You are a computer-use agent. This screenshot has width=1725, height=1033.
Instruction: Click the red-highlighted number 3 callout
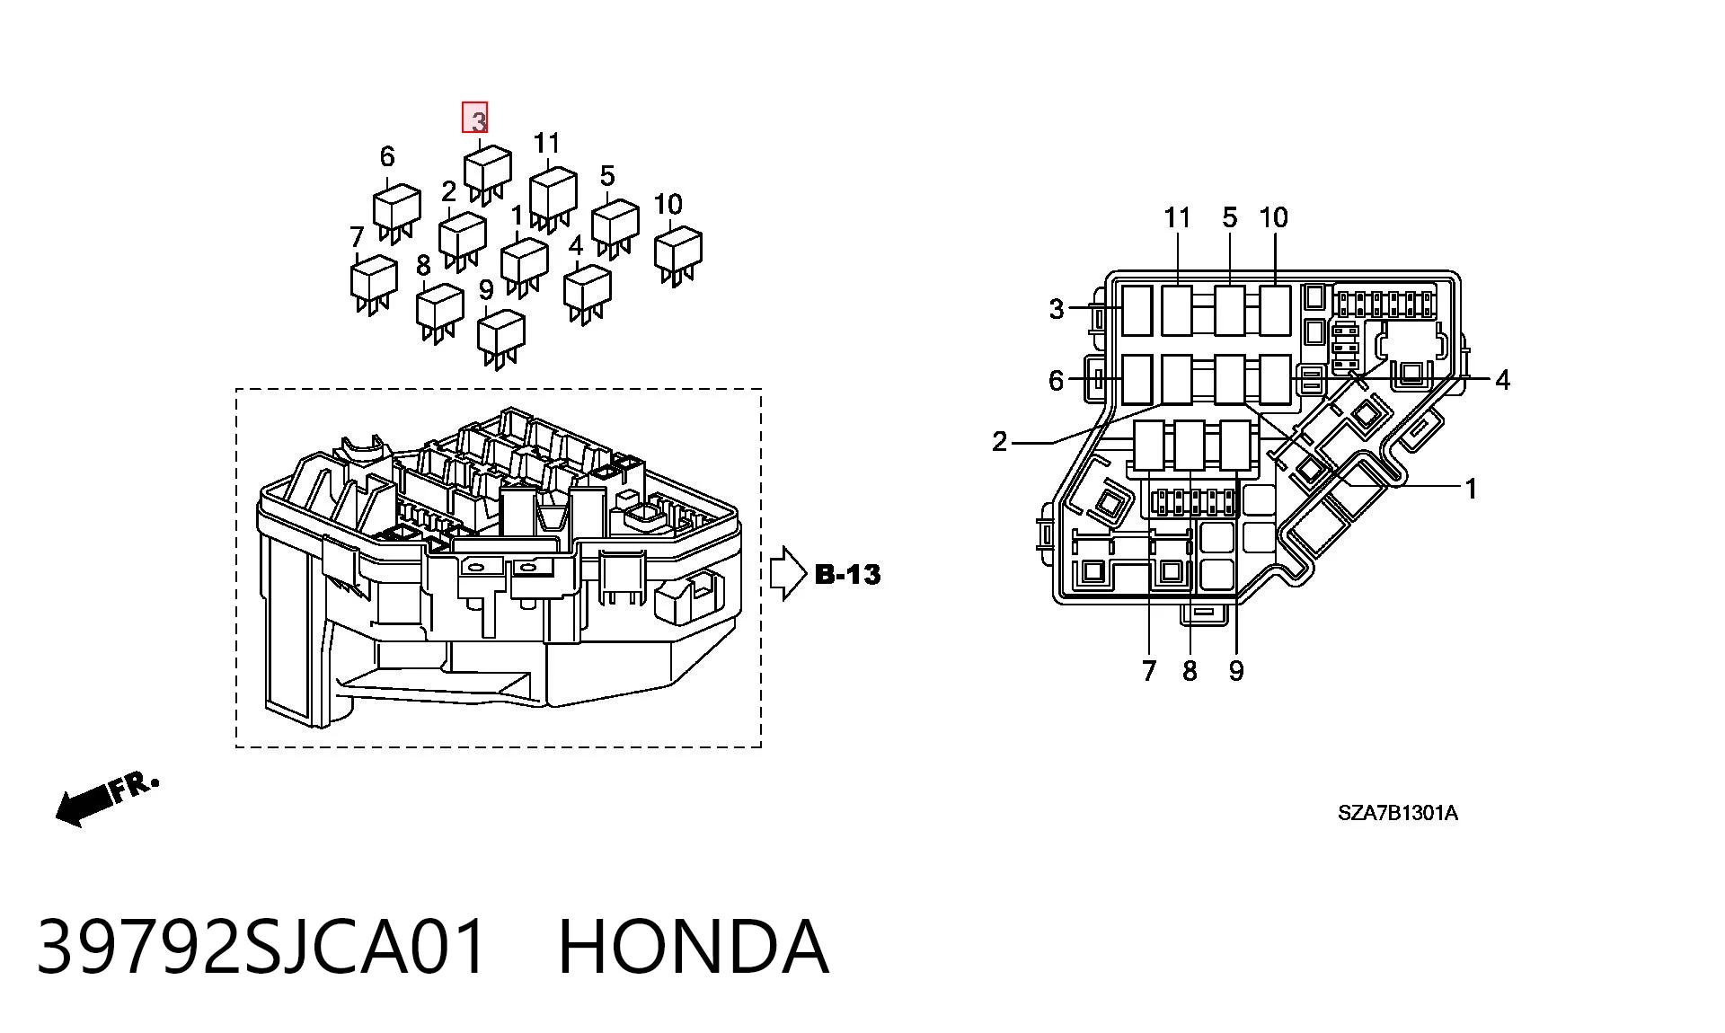pyautogui.click(x=475, y=118)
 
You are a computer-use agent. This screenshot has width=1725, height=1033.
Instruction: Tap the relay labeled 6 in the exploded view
pyautogui.click(x=397, y=213)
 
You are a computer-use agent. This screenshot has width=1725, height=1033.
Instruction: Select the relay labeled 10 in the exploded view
pyautogui.click(x=678, y=255)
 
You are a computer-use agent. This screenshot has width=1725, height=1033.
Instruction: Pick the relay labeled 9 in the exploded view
pyautogui.click(x=501, y=339)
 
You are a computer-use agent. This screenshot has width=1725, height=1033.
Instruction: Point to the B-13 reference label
pyautogui.click(x=848, y=575)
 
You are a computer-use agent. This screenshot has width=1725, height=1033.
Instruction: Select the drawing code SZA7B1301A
pyautogui.click(x=1398, y=813)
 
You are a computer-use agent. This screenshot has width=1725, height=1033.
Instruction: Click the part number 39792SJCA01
pyautogui.click(x=261, y=947)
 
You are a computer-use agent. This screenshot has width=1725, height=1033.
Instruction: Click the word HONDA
pyautogui.click(x=693, y=947)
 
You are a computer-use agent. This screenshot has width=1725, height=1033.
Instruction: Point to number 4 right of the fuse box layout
pyautogui.click(x=1502, y=380)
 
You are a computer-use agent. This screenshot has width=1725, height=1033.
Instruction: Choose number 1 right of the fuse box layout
pyautogui.click(x=1471, y=489)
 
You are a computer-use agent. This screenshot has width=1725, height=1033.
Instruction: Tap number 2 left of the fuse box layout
pyautogui.click(x=1000, y=441)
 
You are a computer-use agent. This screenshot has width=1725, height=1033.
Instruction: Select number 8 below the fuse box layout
pyautogui.click(x=1190, y=671)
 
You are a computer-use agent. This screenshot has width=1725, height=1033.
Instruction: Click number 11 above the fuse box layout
pyautogui.click(x=1177, y=217)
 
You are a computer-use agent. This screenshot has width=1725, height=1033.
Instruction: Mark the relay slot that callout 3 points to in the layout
pyautogui.click(x=1137, y=310)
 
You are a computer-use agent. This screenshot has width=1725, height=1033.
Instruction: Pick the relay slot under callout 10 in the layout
pyautogui.click(x=1275, y=310)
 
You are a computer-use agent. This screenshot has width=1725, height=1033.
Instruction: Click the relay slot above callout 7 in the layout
pyautogui.click(x=1149, y=446)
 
